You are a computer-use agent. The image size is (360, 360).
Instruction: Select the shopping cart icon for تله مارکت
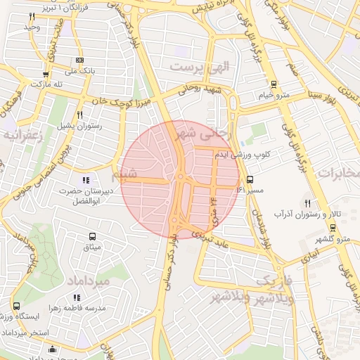click(x=46, y=74)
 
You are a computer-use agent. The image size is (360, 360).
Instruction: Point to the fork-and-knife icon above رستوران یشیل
click(x=79, y=115)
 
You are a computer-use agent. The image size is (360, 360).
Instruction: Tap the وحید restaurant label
click(x=32, y=27)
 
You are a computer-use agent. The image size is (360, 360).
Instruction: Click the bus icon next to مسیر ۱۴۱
click(x=250, y=179)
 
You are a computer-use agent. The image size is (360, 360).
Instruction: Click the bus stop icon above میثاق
click(x=93, y=236)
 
